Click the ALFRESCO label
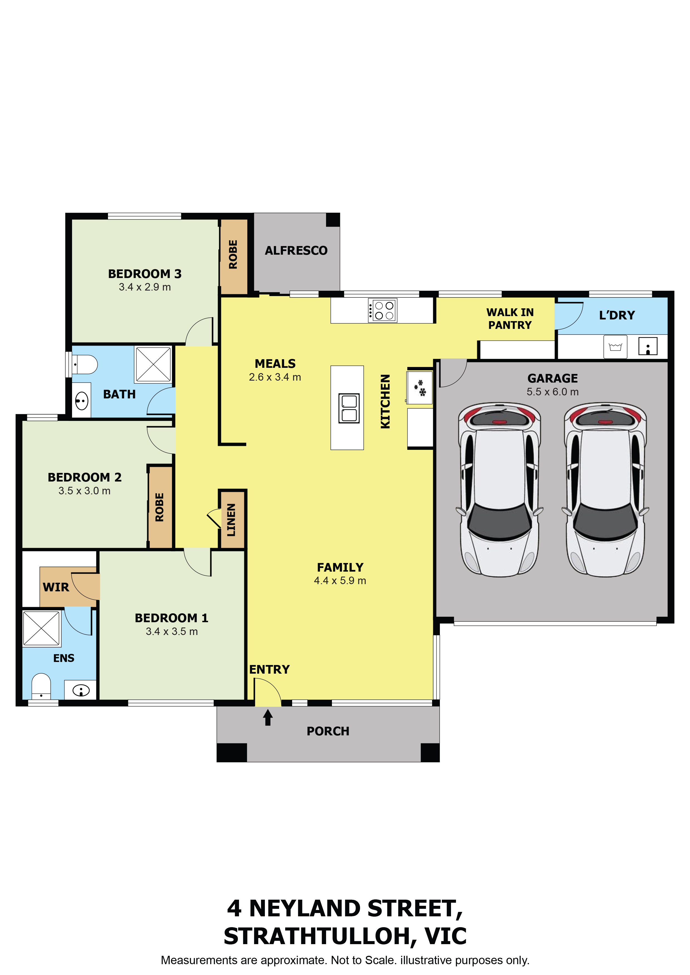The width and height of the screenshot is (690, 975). tap(296, 250)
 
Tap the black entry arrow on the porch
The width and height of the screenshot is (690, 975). tap(268, 717)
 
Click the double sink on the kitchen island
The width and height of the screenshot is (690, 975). tap(349, 408)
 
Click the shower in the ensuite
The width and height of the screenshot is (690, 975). tap(41, 628)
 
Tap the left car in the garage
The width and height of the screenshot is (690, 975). tap(500, 490)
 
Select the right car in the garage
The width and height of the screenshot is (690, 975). tap(605, 490)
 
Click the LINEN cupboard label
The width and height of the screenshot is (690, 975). tap(231, 520)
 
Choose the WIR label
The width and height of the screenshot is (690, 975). tap(56, 587)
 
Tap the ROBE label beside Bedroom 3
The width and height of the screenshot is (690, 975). tap(233, 254)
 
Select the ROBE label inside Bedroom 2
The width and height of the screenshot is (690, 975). tap(159, 507)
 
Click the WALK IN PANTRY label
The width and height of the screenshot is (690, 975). tap(510, 319)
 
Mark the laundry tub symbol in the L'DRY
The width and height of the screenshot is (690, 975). tap(615, 347)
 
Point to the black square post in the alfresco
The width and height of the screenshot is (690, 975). tap(333, 220)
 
